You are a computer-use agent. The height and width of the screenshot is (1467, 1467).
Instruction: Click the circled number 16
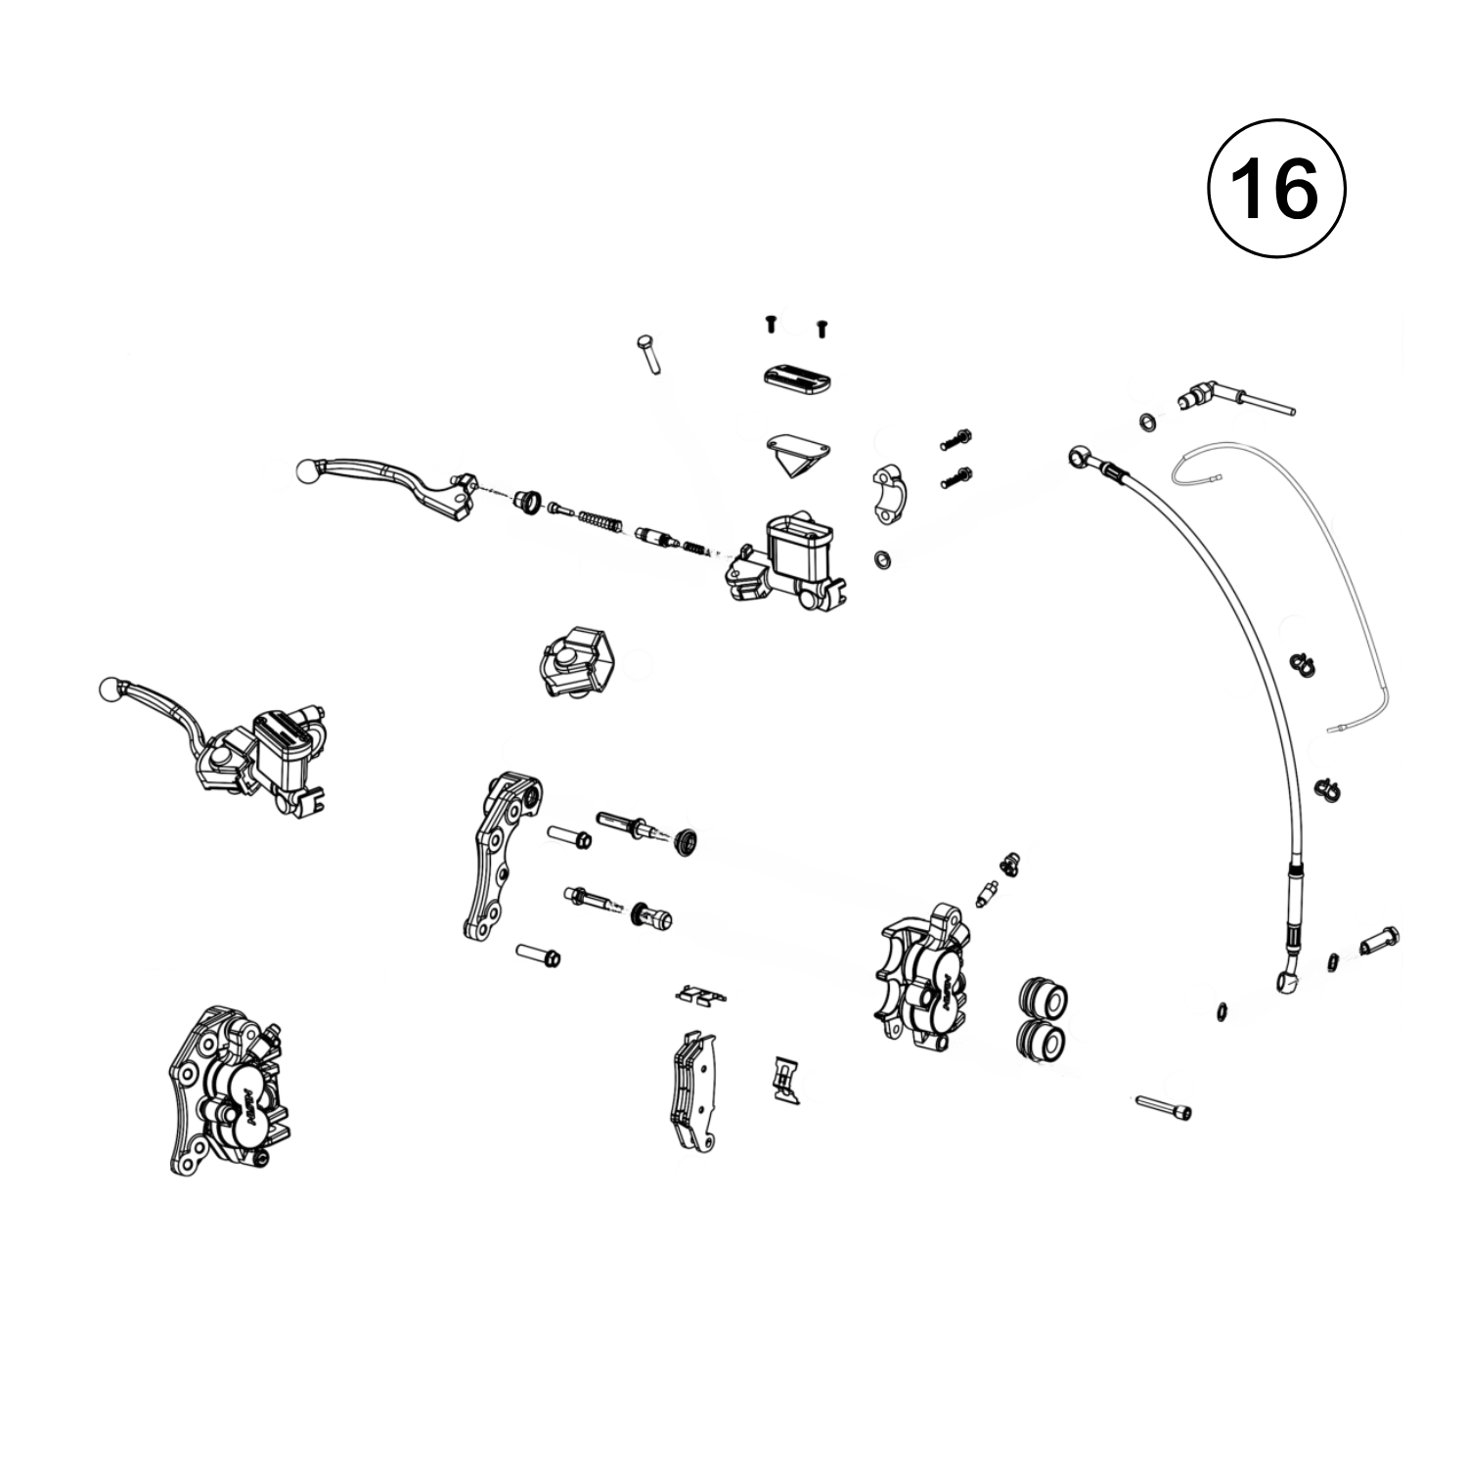pos(1276,190)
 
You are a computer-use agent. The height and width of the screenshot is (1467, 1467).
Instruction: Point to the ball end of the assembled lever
pos(111,690)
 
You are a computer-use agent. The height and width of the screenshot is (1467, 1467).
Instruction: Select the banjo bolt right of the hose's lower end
pos(1379,940)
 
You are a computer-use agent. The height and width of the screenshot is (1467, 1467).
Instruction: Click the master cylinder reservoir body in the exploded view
pos(794,556)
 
